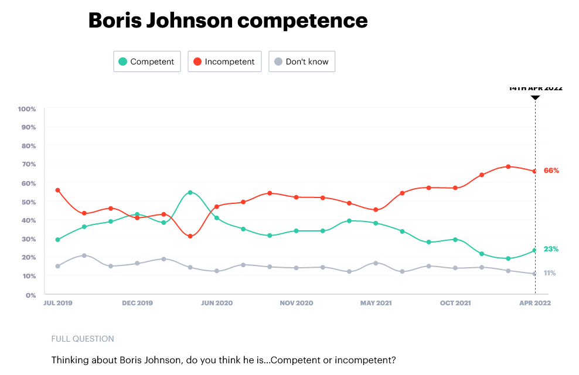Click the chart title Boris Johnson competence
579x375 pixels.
228,21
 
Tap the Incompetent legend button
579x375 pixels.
224,62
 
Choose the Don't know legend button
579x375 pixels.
301,62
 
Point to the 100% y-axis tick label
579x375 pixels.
28,109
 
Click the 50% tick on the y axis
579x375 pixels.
29,202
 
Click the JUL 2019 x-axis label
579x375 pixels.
58,304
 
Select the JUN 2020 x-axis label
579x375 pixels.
217,304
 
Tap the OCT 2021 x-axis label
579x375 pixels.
455,304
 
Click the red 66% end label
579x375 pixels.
551,171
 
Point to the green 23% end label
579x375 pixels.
551,249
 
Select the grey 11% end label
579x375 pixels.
550,273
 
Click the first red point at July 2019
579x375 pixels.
57,190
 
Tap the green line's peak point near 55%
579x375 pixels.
190,192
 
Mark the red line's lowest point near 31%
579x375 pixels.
190,236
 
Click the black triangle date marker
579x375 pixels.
535,97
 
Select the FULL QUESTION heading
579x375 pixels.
83,339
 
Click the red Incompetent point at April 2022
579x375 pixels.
535,171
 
